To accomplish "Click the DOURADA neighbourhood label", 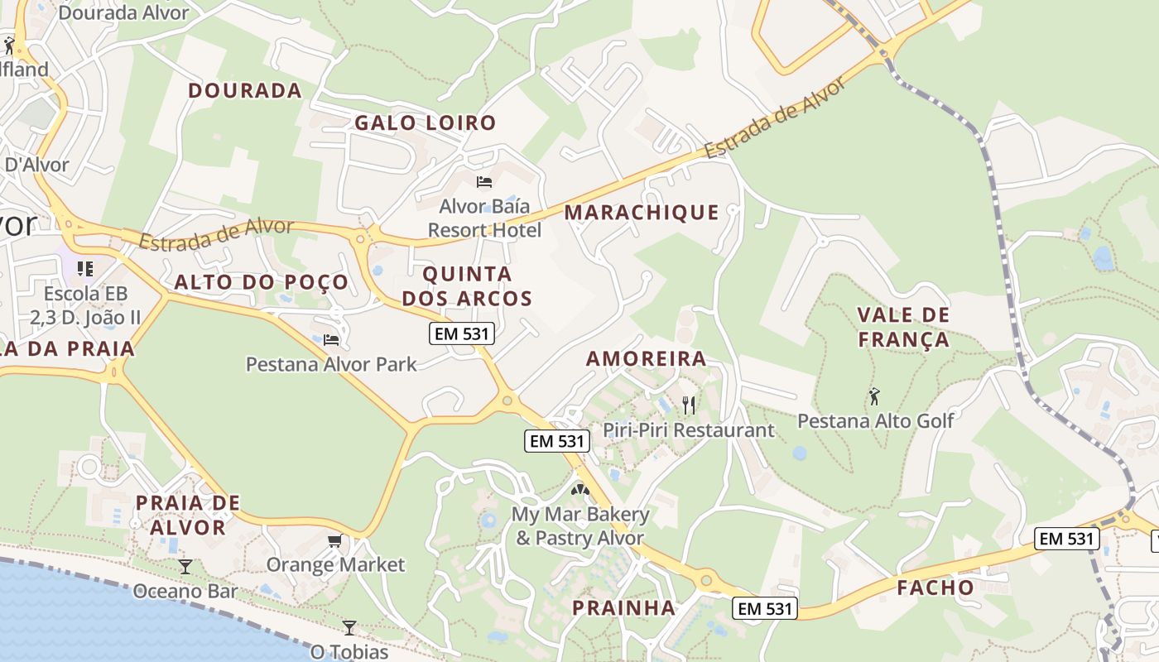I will [x=245, y=90].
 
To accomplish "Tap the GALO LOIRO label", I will [x=426, y=123].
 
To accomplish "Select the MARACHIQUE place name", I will [x=642, y=213].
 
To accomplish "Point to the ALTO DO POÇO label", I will [x=262, y=282].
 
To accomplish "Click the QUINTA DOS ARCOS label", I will [x=467, y=285].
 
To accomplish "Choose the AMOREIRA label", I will [x=647, y=358].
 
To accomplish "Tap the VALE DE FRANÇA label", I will [x=903, y=327].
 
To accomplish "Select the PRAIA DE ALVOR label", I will [x=188, y=515].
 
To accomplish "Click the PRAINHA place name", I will [x=624, y=607].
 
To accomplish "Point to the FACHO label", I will [x=935, y=588].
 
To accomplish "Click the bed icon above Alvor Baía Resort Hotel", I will [x=484, y=182].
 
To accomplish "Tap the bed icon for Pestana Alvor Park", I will [x=331, y=339].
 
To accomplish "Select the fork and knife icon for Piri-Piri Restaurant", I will [x=688, y=405].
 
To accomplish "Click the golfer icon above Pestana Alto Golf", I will [x=874, y=396].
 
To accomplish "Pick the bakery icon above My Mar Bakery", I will [x=579, y=489].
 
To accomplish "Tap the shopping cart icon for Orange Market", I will [x=334, y=541].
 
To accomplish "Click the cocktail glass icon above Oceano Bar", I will [x=185, y=566].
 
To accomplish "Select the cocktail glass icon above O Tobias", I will [x=349, y=627].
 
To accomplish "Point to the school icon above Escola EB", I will [x=84, y=269].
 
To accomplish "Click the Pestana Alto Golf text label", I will [x=875, y=420].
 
